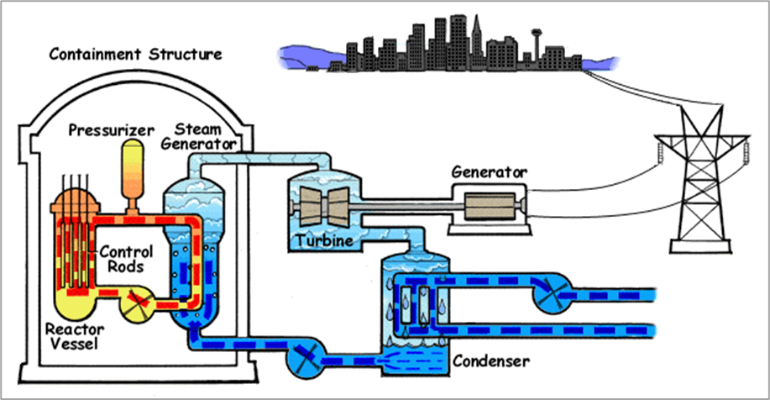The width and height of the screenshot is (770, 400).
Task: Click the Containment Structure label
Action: pos(135,55)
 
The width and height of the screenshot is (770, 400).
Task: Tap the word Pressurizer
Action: pos(113,130)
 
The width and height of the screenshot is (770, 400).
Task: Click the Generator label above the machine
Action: pos(490,172)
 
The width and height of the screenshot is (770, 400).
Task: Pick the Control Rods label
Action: pos(126,259)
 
